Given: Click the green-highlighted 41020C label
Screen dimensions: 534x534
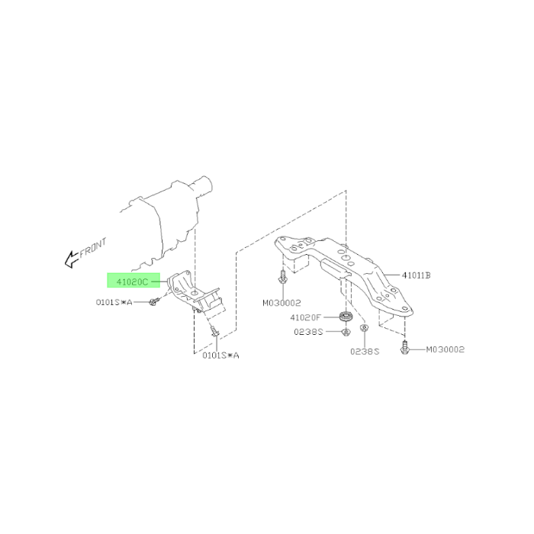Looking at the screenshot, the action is click(x=133, y=282).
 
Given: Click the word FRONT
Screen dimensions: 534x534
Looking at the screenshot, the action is click(x=93, y=248).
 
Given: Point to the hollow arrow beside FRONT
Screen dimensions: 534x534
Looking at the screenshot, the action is click(x=72, y=259).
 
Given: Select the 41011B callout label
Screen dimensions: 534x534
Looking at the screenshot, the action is click(x=417, y=275).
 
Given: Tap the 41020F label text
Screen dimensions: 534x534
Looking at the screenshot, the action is click(x=305, y=317).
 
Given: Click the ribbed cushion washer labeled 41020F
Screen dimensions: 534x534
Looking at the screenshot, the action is click(x=346, y=317).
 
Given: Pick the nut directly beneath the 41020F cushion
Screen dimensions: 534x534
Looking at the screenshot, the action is click(x=346, y=331).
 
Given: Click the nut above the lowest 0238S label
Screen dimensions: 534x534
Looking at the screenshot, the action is click(x=365, y=328).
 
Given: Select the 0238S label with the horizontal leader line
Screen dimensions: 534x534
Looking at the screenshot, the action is click(x=308, y=332).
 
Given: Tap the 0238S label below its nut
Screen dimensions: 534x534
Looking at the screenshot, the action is click(x=365, y=351).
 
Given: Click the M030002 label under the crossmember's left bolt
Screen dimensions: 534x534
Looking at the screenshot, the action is click(x=281, y=302).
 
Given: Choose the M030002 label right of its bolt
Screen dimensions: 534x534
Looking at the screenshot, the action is click(x=445, y=349).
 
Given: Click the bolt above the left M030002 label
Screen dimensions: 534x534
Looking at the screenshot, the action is click(x=283, y=276).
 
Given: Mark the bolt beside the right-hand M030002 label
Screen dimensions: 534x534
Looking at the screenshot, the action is click(x=404, y=347).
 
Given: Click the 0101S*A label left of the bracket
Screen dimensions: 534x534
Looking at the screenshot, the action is click(x=114, y=302).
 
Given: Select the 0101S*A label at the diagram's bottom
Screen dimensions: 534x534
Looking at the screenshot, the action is click(x=220, y=355).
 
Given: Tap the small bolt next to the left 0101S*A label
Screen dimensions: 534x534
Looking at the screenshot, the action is click(x=154, y=301).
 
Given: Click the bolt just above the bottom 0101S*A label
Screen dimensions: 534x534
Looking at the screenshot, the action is click(x=214, y=331).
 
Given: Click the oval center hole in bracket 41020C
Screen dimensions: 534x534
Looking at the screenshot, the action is click(x=194, y=292).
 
